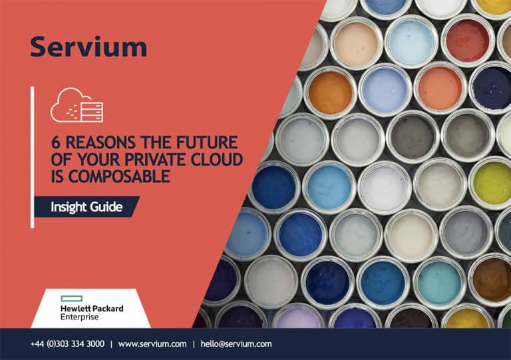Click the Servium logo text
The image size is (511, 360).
[x=88, y=47]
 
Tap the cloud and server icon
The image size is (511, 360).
[x=77, y=105]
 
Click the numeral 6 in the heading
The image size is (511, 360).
[x=56, y=142]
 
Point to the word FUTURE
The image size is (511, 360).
[x=207, y=142]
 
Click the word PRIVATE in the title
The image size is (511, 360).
[x=155, y=160]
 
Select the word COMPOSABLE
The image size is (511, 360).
[x=119, y=176]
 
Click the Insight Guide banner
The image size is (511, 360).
[x=86, y=206]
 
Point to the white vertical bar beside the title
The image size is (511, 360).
[x=32, y=157]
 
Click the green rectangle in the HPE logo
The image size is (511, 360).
[x=72, y=298]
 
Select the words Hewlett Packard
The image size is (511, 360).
[x=92, y=309]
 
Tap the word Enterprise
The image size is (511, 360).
[x=80, y=317]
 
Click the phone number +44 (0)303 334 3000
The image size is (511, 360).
[x=67, y=344]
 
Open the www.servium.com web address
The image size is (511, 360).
[x=152, y=344]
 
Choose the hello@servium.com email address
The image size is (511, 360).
[x=236, y=344]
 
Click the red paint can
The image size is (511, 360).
[x=467, y=41]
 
